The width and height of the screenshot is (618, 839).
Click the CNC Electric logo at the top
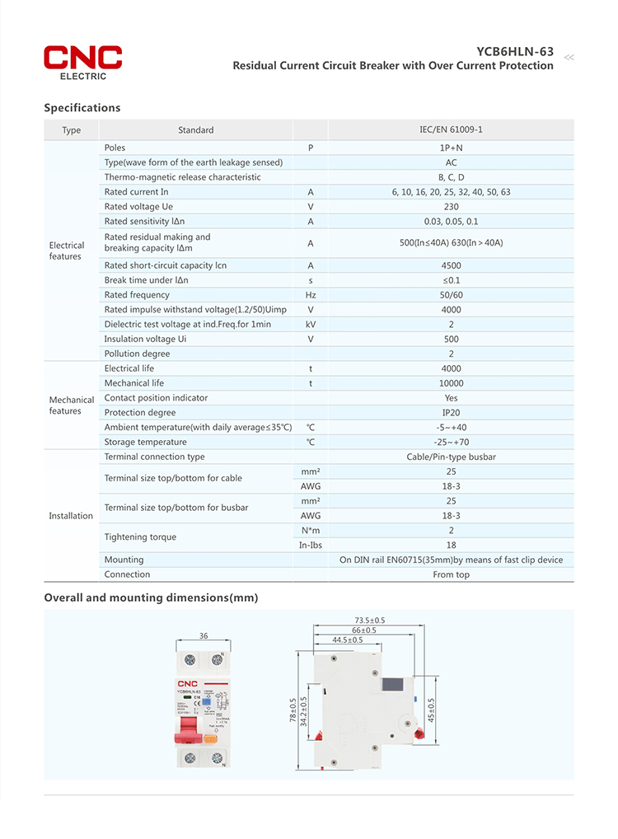82,62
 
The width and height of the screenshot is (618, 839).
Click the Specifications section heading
82,108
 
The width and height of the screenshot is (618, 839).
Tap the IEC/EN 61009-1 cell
451,130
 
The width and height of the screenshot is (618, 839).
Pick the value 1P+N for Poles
451,148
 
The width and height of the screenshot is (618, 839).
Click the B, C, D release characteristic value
451,177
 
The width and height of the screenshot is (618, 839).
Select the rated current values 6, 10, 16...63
451,192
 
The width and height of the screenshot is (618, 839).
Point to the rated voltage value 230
451,207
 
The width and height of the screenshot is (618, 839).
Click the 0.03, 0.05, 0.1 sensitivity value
451,222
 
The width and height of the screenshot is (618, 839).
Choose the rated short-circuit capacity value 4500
451,265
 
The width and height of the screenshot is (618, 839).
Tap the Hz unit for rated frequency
311,295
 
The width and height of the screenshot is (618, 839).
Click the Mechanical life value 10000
451,383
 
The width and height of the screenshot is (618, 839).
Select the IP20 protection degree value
451,413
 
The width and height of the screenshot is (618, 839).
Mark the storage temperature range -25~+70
451,443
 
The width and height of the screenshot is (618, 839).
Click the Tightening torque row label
140,537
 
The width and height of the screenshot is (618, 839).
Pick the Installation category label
71,516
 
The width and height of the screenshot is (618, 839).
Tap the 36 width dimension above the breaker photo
203,635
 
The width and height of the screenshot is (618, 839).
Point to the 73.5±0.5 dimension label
370,620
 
